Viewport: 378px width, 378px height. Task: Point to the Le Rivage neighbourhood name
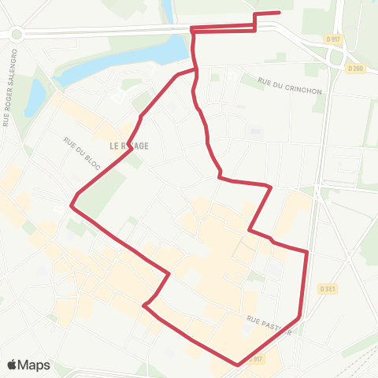(x=129, y=146)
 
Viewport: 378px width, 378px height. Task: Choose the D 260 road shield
(x=356, y=68)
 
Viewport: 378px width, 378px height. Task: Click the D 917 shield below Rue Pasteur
(x=254, y=358)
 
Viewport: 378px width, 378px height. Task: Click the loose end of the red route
(x=280, y=13)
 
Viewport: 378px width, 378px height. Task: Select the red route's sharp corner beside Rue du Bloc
(x=72, y=206)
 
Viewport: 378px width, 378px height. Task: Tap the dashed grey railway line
(x=346, y=346)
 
